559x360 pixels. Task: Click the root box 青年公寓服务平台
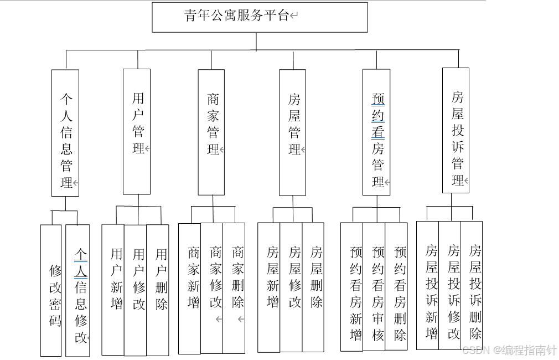pyautogui.click(x=260, y=17)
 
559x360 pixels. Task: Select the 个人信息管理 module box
pyautogui.click(x=65, y=133)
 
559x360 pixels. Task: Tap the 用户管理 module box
pyautogui.click(x=137, y=131)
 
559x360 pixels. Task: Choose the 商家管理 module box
pyautogui.click(x=211, y=132)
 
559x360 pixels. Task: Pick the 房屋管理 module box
pyautogui.click(x=292, y=132)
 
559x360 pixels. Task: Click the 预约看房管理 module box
pyautogui.click(x=376, y=132)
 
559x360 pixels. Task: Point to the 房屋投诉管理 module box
pyautogui.click(x=456, y=131)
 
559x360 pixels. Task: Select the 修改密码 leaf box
pyautogui.click(x=51, y=290)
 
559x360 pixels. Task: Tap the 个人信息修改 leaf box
pyautogui.click(x=77, y=290)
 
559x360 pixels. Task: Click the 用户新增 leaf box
pyautogui.click(x=113, y=290)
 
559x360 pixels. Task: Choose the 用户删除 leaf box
pyautogui.click(x=158, y=290)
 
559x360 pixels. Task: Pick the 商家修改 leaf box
pyautogui.click(x=211, y=288)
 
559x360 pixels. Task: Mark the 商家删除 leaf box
pyautogui.click(x=234, y=288)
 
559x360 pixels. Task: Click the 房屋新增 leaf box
pyautogui.click(x=269, y=287)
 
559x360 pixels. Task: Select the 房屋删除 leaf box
pyautogui.click(x=313, y=287)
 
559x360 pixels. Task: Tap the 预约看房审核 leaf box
pyautogui.click(x=374, y=286)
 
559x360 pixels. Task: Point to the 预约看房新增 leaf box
pyautogui.click(x=352, y=286)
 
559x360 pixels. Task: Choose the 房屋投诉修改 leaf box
pyautogui.click(x=449, y=285)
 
